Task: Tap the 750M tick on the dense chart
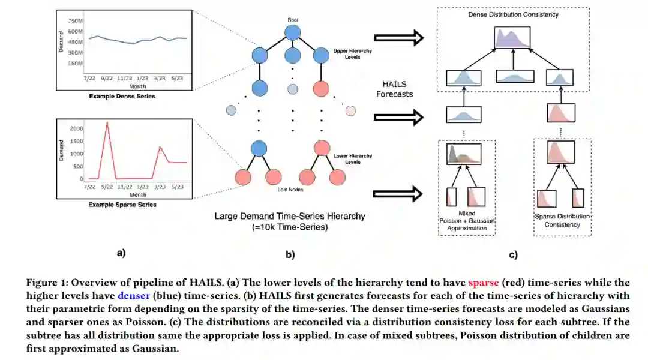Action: tap(74, 20)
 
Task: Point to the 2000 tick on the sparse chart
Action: tap(76, 129)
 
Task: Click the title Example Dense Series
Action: tap(122, 96)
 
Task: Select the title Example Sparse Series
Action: tap(122, 205)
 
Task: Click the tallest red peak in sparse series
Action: tap(107, 123)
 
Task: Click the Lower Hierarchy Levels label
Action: tap(353, 159)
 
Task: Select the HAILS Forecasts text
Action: tap(398, 89)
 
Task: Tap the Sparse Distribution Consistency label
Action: tap(562, 220)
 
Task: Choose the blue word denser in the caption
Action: tap(134, 295)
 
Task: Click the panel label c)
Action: tap(513, 254)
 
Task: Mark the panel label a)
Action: tap(121, 253)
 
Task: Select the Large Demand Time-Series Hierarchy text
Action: tap(290, 216)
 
